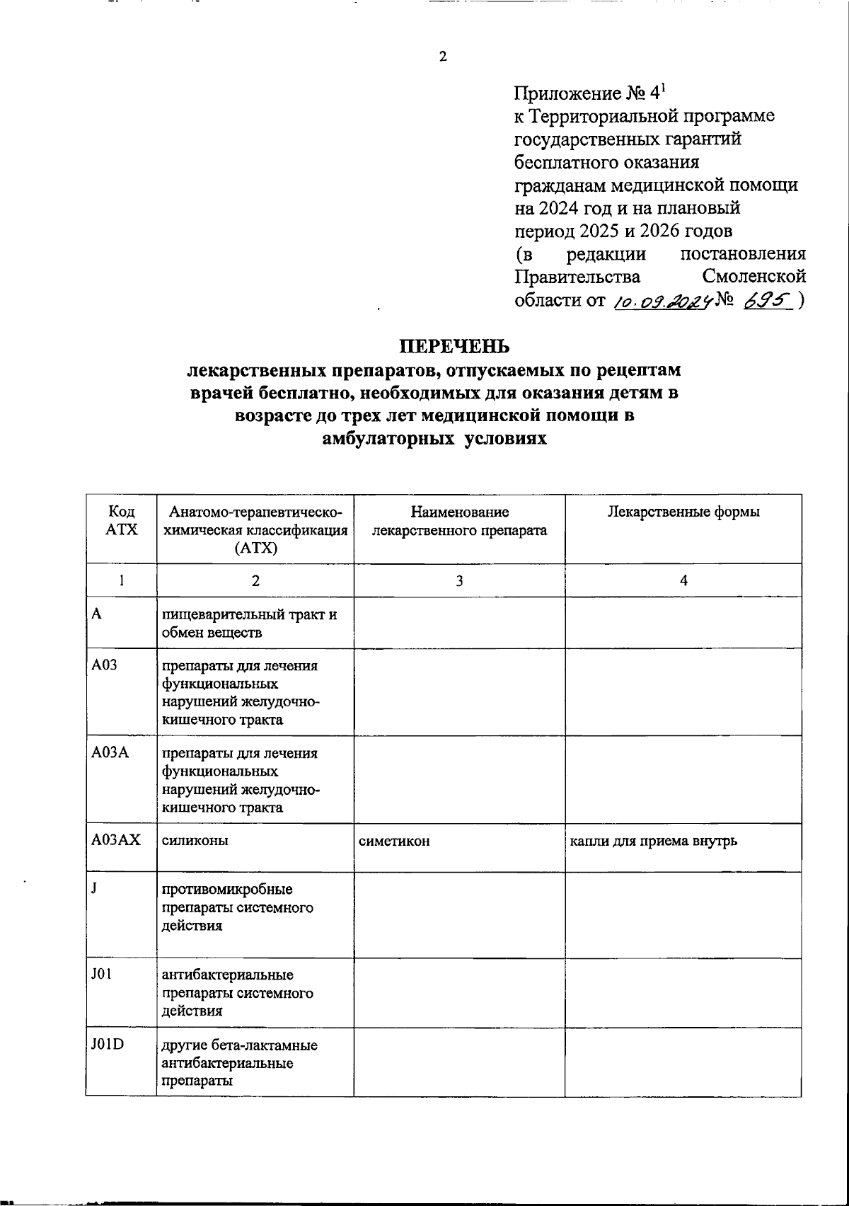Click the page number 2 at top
[x=443, y=57]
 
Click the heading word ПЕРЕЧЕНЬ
[x=454, y=347]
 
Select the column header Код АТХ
[x=121, y=520]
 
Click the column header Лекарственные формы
[x=683, y=512]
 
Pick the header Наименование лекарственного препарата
[x=459, y=521]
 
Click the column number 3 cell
[x=459, y=580]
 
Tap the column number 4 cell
[x=683, y=580]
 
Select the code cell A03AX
[x=116, y=840]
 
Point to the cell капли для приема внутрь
[x=654, y=841]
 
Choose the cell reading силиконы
[x=185, y=841]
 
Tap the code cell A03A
[x=110, y=753]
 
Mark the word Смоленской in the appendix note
[x=754, y=276]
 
